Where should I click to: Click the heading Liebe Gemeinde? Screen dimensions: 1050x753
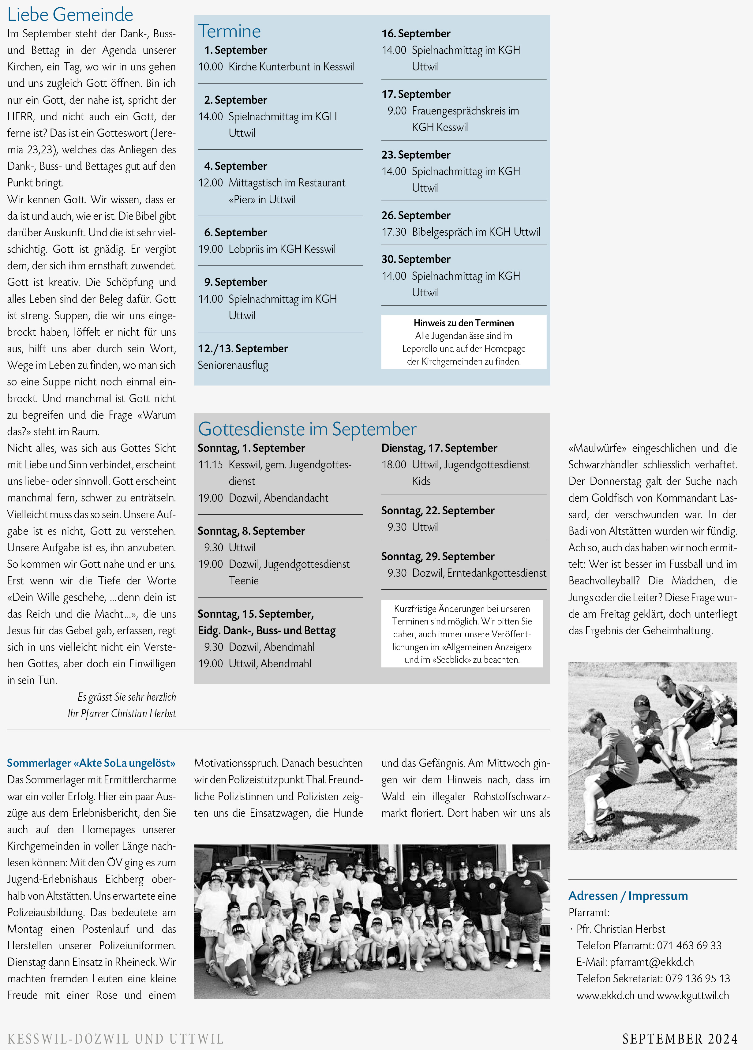click(x=70, y=15)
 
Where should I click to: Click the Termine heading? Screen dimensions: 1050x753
click(x=230, y=32)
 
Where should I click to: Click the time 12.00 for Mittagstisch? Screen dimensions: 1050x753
click(x=211, y=183)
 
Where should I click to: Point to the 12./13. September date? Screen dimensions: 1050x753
click(x=243, y=349)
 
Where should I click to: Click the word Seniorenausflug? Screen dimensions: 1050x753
click(x=233, y=365)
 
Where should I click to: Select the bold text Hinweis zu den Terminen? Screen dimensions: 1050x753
click(x=464, y=323)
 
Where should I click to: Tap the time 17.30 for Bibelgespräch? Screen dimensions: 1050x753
click(x=394, y=232)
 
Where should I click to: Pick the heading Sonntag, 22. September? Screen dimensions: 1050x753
click(x=438, y=511)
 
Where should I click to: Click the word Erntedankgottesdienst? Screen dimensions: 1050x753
click(x=496, y=573)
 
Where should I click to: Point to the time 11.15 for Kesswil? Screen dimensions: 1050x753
click(x=211, y=465)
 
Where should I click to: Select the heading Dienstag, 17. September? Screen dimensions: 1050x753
click(x=439, y=448)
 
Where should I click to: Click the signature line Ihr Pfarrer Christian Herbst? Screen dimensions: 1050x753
click(x=122, y=714)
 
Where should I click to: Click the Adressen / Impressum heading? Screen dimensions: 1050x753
click(x=628, y=896)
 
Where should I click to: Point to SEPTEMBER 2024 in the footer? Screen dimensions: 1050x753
click(x=680, y=1039)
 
